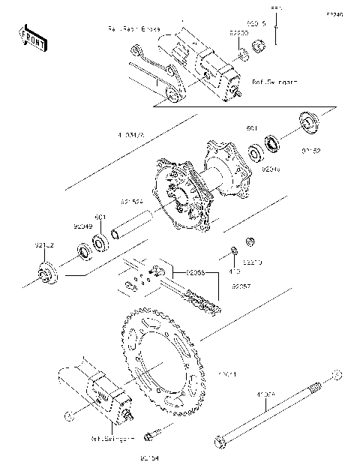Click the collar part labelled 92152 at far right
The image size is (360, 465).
[309, 122]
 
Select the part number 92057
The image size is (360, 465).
[241, 286]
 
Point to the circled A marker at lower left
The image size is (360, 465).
[68, 413]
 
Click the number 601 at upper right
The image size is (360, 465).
[253, 128]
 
